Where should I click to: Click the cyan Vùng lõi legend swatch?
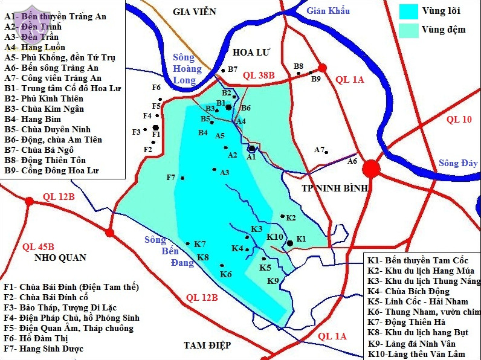point(408,11)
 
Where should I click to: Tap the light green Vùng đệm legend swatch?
point(408,30)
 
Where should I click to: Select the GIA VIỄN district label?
point(195,11)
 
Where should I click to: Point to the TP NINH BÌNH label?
point(335,188)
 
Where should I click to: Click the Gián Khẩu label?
point(328,11)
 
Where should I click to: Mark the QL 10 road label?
point(459,120)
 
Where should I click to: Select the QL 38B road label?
point(259,76)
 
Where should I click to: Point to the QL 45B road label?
point(38,246)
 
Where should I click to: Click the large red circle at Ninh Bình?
point(372,169)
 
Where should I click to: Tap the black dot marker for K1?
point(290,243)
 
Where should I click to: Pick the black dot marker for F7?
point(182,178)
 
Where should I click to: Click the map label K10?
point(275,236)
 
